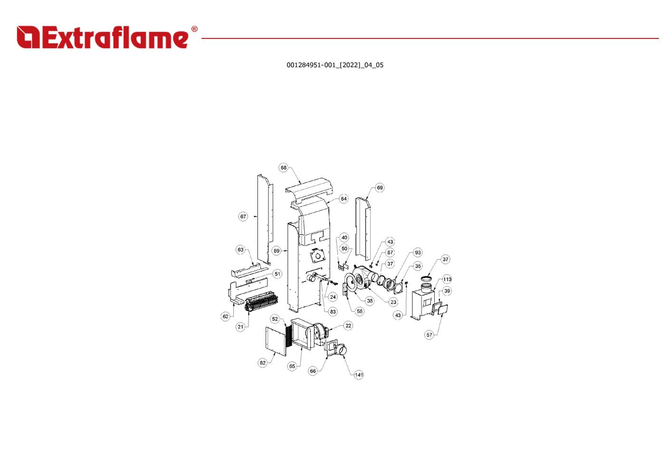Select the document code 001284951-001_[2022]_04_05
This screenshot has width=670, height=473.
pos(335,65)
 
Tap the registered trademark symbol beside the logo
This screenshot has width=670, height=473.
pos(194,29)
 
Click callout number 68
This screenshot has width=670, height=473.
pos(284,168)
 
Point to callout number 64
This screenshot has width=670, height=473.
pos(344,199)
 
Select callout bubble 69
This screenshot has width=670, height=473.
pos(380,188)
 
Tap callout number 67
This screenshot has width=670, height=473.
pos(243,217)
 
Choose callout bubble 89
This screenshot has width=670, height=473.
pos(277,251)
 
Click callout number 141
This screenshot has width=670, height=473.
pos(359,375)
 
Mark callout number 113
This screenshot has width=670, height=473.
pos(447,279)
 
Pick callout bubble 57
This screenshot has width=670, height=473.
pos(430,335)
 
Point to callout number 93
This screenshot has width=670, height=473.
pos(418,253)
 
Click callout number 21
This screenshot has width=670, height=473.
pos(240,327)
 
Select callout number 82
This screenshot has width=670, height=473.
pos(263,363)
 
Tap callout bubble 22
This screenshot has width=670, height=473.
pos(349,325)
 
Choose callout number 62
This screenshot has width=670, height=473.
pos(226,316)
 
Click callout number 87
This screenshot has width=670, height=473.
pos(390,253)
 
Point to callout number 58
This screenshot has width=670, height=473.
pos(360,312)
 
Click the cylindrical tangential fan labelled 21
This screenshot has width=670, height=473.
pos(263,302)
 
